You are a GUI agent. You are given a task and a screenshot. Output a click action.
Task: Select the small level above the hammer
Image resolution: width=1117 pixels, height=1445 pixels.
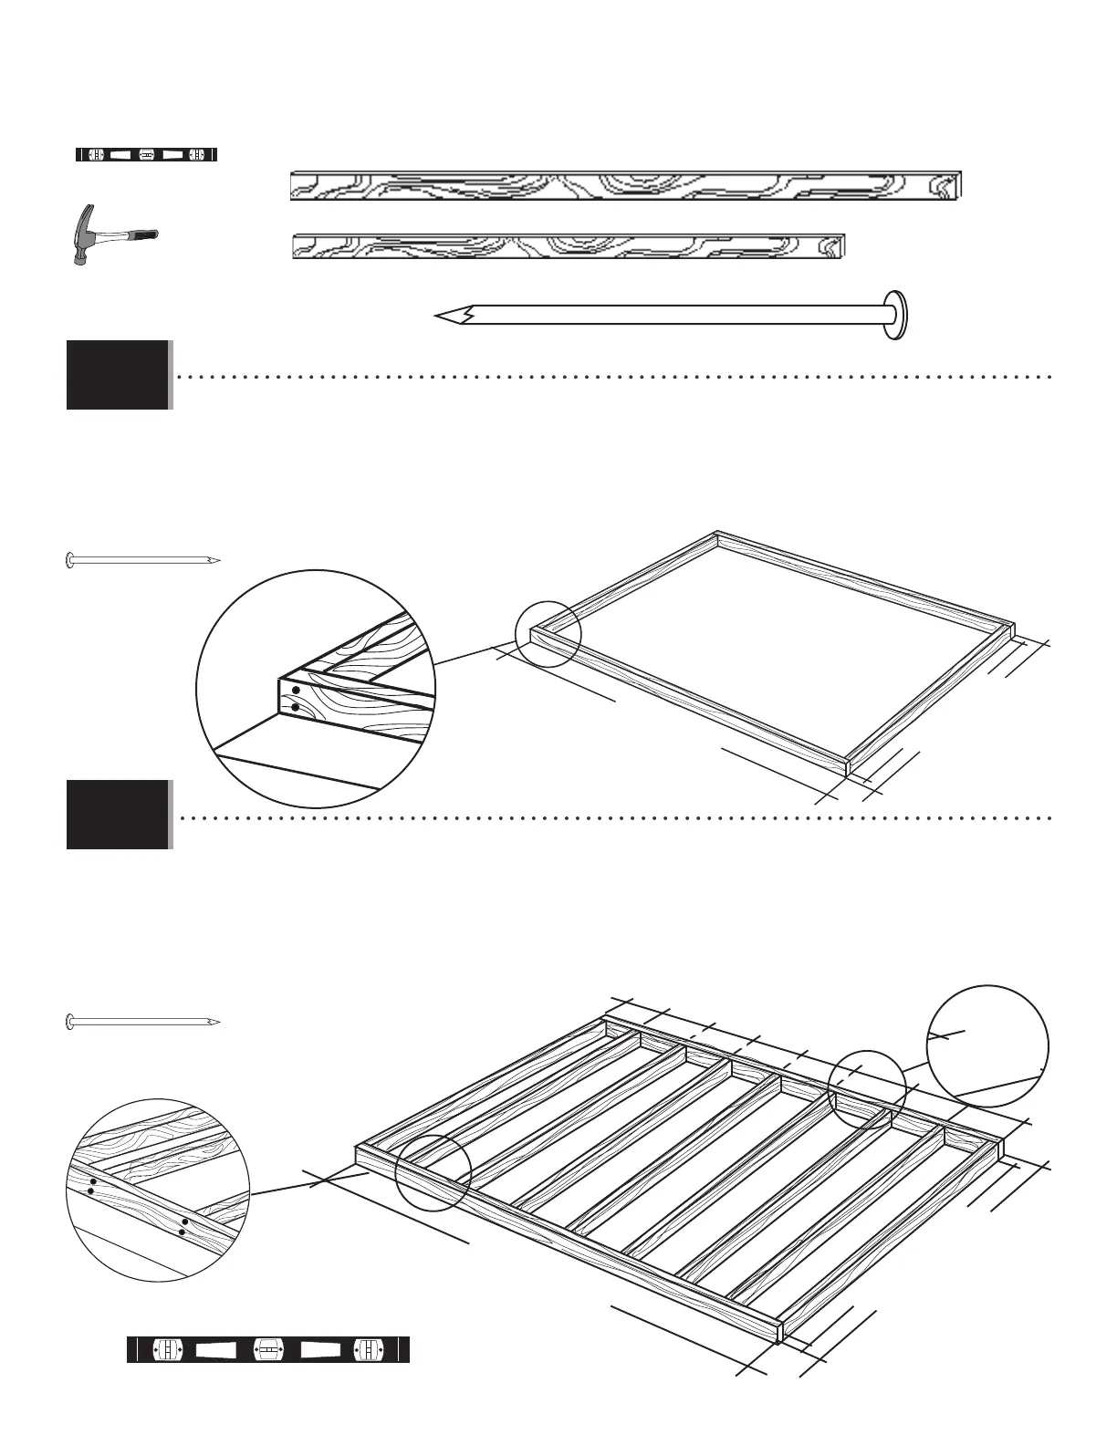pos(146,154)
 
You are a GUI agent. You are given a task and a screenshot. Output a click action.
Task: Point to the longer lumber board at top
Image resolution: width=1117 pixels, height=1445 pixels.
pos(626,185)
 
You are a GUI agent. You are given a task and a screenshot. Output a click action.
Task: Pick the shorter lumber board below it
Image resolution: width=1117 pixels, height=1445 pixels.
pos(569,246)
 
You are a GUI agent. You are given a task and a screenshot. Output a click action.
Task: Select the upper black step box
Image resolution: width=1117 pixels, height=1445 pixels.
pos(118,375)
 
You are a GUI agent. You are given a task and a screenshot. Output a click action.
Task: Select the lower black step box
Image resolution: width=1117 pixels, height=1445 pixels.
pos(118,815)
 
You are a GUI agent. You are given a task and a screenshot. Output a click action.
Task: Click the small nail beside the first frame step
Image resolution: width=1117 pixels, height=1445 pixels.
pos(143,559)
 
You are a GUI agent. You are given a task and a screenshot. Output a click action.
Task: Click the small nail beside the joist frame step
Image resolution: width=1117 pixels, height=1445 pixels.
pos(143,1022)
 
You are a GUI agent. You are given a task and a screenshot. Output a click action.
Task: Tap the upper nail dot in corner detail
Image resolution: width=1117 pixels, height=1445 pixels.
pos(296,691)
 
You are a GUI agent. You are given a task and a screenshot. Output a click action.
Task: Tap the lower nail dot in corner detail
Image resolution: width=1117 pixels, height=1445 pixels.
pos(296,706)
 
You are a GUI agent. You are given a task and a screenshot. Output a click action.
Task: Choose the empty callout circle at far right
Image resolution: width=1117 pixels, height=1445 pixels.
pos(987,1046)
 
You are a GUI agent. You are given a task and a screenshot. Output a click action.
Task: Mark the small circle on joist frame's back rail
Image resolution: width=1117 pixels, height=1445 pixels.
pos(867,1089)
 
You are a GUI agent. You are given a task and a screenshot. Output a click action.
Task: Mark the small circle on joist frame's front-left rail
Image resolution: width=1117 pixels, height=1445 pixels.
pos(433,1173)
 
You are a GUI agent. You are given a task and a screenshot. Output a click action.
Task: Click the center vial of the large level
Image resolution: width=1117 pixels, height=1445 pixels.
pos(267,1349)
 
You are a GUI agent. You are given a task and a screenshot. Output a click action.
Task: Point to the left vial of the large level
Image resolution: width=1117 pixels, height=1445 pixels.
pos(167,1349)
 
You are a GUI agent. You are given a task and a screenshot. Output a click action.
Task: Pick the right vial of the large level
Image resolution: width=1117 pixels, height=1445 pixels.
pos(368,1349)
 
